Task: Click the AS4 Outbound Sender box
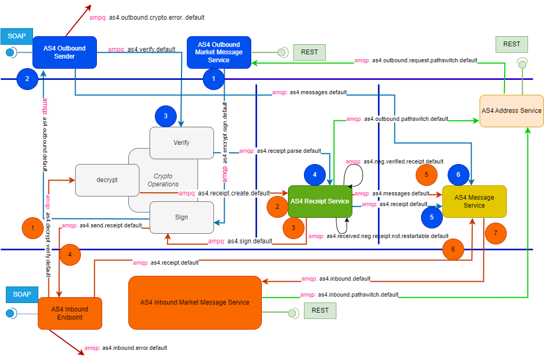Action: pos(64,52)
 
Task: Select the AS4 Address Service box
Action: pos(511,111)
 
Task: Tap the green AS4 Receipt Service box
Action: pos(319,201)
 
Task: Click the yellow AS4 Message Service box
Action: pos(474,201)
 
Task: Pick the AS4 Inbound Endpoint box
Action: pos(70,313)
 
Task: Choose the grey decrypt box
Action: pos(107,180)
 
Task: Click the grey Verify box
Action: pos(181,143)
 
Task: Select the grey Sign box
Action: pos(181,217)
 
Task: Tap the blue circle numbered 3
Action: pos(165,116)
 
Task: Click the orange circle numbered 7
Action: pos(496,233)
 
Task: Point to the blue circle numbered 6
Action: pos(458,175)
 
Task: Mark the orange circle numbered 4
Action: pos(70,255)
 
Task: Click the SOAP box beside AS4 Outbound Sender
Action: pos(17,36)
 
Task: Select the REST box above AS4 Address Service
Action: pos(512,44)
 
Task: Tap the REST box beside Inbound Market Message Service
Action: pos(320,310)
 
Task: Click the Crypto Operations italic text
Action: pos(163,180)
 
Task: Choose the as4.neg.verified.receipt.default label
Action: pos(394,161)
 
